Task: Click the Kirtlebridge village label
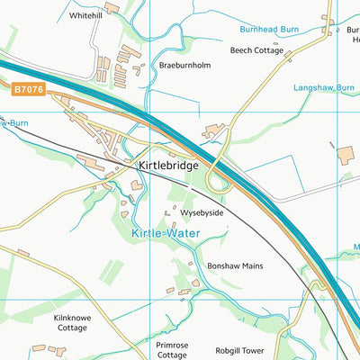[x=168, y=166]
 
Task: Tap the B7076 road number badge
[x=28, y=90]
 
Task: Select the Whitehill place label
[x=85, y=16]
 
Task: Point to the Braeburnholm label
[x=184, y=66]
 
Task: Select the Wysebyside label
[x=202, y=213]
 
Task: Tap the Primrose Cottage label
[x=166, y=349]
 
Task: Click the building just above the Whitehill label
[x=112, y=7]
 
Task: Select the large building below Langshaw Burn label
[x=346, y=154]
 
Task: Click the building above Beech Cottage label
[x=267, y=39]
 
